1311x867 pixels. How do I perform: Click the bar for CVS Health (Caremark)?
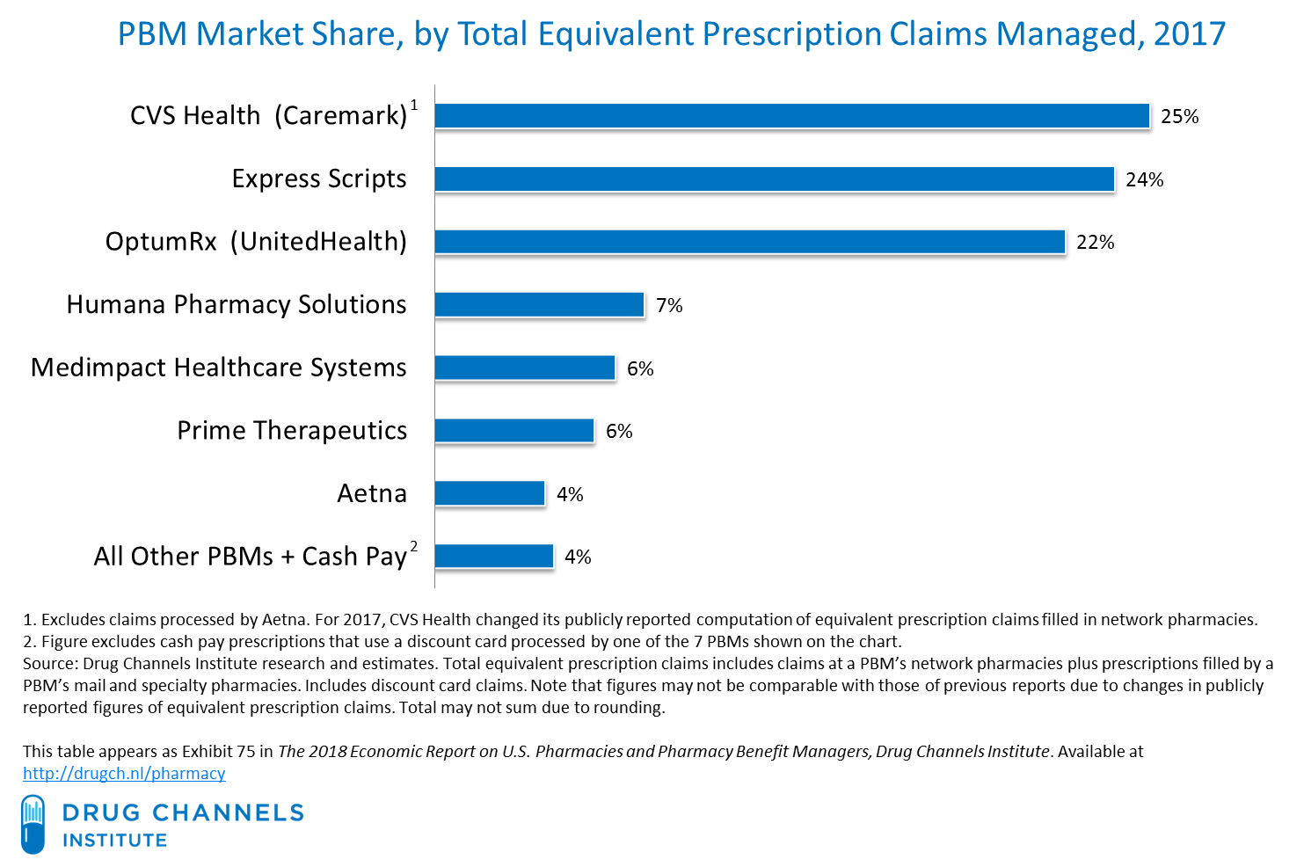pyautogui.click(x=791, y=116)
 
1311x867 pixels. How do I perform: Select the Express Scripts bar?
pyautogui.click(x=774, y=179)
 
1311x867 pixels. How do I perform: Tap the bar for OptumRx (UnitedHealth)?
pyautogui.click(x=749, y=242)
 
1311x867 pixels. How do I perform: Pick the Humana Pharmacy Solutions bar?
pyautogui.click(x=539, y=305)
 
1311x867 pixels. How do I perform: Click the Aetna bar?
pyautogui.click(x=490, y=494)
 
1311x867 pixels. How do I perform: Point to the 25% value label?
pyautogui.click(x=1179, y=117)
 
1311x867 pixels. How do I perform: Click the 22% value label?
pyautogui.click(x=1095, y=243)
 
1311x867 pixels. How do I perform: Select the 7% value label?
pyautogui.click(x=669, y=306)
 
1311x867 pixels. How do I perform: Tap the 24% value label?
pyautogui.click(x=1144, y=180)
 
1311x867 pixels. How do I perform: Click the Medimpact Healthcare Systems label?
pyautogui.click(x=219, y=368)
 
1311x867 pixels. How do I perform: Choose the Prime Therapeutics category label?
pyautogui.click(x=292, y=431)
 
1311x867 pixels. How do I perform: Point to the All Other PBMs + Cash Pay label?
pyautogui.click(x=250, y=557)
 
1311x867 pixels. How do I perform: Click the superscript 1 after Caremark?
pyautogui.click(x=414, y=106)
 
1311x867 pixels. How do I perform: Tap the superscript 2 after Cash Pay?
pyautogui.click(x=414, y=547)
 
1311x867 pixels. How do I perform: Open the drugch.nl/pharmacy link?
pyautogui.click(x=124, y=774)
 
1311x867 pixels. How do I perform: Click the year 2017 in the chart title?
pyautogui.click(x=1189, y=34)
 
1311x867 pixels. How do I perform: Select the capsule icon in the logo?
pyautogui.click(x=33, y=824)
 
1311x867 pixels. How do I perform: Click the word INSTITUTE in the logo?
pyautogui.click(x=114, y=841)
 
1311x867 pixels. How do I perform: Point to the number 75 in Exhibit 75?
pyautogui.click(x=246, y=752)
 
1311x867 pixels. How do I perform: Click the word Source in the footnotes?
pyautogui.click(x=47, y=664)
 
